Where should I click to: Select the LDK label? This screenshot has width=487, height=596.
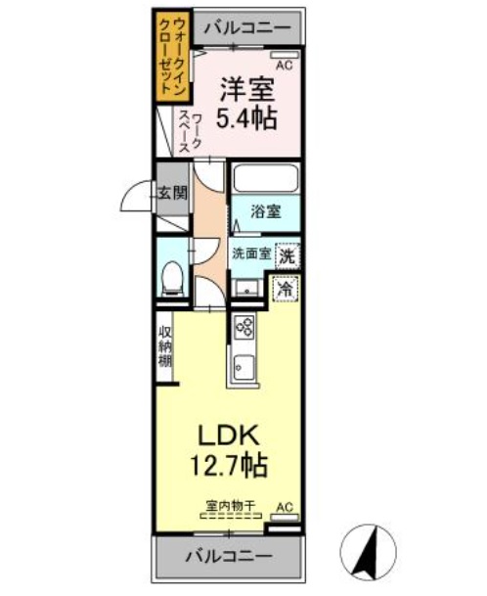pos(232,432)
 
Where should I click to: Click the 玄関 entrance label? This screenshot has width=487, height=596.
pos(172,192)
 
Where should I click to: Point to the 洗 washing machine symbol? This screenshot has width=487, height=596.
pos(287,256)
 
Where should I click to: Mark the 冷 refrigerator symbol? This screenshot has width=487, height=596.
pos(286,290)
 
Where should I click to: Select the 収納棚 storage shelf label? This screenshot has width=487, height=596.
pos(166,346)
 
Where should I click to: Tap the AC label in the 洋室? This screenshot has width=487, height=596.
pos(285,67)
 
